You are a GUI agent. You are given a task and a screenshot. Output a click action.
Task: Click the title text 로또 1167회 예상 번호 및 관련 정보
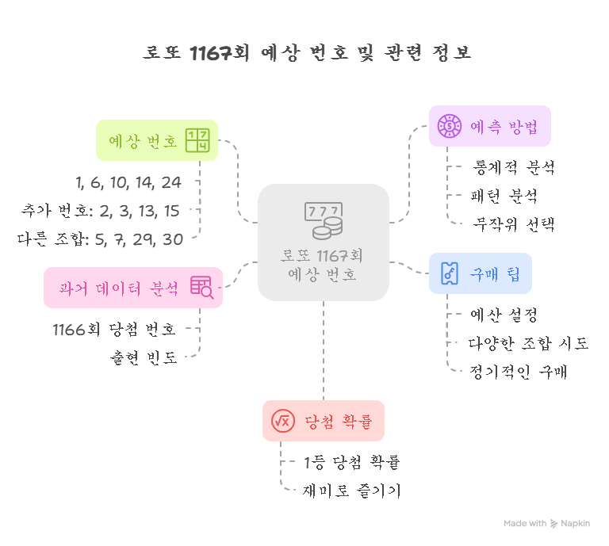pyautogui.click(x=307, y=54)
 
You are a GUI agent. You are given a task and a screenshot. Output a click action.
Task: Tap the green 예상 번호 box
pyautogui.click(x=156, y=141)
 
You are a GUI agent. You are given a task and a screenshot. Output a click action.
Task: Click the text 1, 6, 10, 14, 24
pyautogui.click(x=128, y=183)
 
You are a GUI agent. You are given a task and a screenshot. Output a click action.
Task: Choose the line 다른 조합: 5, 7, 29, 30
pyautogui.click(x=101, y=239)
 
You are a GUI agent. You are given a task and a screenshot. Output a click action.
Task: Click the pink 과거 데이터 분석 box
pyautogui.click(x=132, y=287)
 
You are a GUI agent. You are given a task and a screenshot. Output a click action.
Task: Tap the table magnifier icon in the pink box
pyautogui.click(x=201, y=288)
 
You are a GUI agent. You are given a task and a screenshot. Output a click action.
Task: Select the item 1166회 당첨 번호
pyautogui.click(x=113, y=329)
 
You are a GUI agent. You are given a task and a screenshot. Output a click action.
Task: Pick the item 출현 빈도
pyautogui.click(x=144, y=357)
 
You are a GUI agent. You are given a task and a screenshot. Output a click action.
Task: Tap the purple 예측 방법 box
pyautogui.click(x=489, y=126)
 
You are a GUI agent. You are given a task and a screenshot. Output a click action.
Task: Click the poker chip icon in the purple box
pyautogui.click(x=450, y=125)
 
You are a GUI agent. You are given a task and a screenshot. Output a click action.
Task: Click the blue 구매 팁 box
pyautogui.click(x=480, y=273)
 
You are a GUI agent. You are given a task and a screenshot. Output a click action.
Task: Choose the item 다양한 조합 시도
pyautogui.click(x=529, y=343)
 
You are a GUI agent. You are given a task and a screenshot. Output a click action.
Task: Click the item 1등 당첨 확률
pyautogui.click(x=352, y=462)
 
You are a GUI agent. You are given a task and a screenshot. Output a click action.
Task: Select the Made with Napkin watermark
pyautogui.click(x=546, y=524)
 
